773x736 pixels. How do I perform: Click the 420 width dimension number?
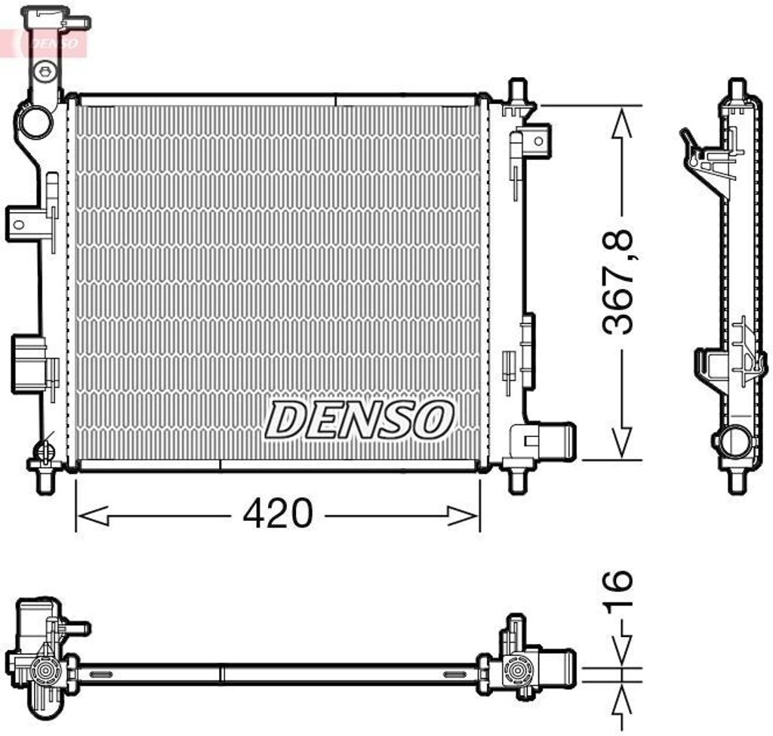(x=277, y=514)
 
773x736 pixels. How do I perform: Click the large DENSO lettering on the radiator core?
(x=359, y=420)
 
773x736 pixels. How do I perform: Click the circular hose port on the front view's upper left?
(x=35, y=122)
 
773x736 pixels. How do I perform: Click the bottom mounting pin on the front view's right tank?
(x=517, y=479)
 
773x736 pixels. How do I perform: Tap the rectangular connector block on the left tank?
(x=29, y=365)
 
